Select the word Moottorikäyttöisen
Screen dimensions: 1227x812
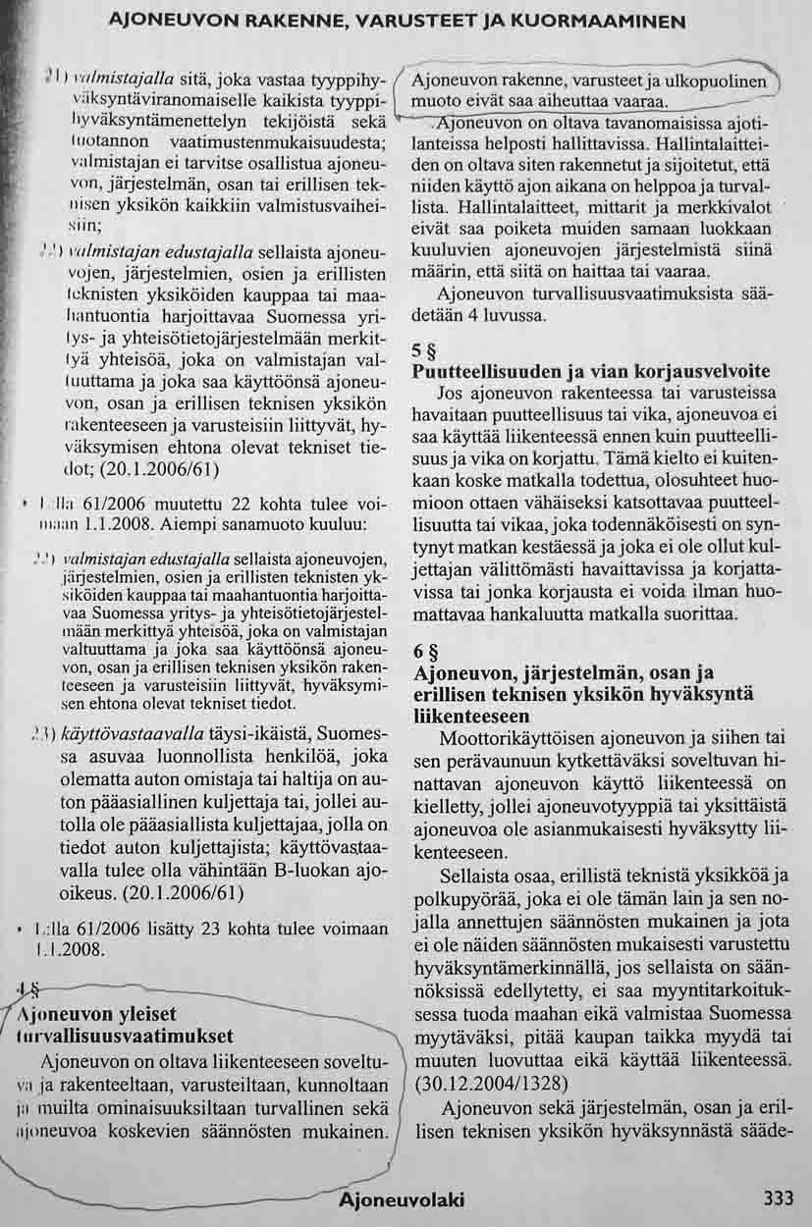519,737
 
